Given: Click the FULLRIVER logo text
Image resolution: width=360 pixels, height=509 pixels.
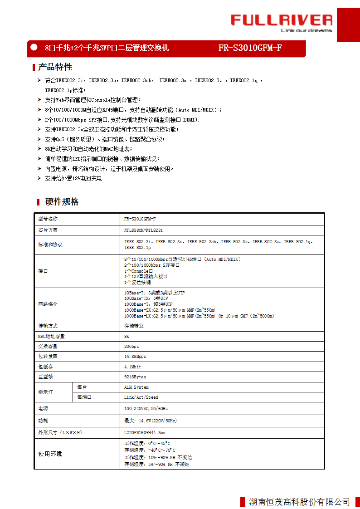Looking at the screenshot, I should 281,20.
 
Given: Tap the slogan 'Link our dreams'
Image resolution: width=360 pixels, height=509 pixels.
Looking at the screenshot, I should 306,31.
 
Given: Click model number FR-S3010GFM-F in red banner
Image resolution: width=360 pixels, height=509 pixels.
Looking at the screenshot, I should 250,48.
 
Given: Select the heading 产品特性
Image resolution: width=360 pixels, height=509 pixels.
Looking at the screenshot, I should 55,67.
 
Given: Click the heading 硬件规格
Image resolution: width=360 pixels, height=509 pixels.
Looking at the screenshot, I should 62,202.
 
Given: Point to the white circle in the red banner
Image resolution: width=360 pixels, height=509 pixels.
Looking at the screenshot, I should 33,47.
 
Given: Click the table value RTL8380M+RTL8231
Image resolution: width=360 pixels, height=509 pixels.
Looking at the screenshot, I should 143,230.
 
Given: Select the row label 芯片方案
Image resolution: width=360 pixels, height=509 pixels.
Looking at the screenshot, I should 48,230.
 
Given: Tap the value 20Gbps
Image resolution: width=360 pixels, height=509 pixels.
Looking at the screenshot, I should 132,346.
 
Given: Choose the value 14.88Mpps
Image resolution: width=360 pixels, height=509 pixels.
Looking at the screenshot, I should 135,356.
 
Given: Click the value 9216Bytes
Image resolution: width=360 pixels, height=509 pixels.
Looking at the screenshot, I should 135,377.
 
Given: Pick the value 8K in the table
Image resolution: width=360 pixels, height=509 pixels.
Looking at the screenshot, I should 127,336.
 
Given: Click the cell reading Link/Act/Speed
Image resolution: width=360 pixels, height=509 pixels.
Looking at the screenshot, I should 141,397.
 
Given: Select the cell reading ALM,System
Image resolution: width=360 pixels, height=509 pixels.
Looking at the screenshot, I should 136,387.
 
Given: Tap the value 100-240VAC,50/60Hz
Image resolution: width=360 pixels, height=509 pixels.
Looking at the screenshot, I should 146,409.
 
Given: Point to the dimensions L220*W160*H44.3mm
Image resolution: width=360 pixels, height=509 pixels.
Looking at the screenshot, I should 145,432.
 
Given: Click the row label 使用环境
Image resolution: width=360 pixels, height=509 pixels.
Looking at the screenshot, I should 50,454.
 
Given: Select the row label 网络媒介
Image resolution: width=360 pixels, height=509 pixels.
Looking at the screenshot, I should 48,304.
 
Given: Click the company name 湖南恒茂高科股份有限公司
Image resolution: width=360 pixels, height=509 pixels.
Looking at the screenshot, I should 299,502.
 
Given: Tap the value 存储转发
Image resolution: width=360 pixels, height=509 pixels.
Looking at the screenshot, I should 133,326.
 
